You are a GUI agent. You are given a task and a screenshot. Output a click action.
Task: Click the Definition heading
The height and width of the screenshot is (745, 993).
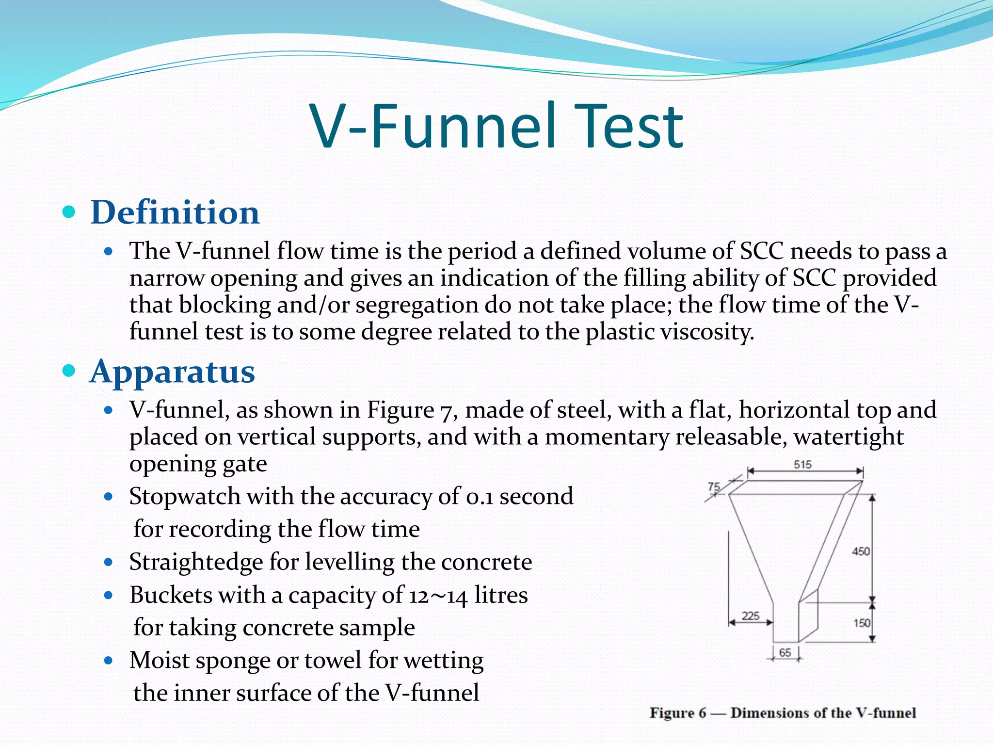pyautogui.click(x=175, y=212)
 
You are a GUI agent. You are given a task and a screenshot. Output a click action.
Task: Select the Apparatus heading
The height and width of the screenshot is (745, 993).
pyautogui.click(x=172, y=372)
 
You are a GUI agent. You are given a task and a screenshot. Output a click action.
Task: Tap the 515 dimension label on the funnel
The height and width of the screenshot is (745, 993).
pyautogui.click(x=802, y=465)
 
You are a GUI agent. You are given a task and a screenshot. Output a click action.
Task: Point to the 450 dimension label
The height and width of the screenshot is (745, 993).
pyautogui.click(x=861, y=551)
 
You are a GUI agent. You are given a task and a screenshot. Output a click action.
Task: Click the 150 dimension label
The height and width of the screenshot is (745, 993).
pyautogui.click(x=862, y=623)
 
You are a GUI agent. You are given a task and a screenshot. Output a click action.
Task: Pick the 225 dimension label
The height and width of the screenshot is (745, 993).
pyautogui.click(x=751, y=616)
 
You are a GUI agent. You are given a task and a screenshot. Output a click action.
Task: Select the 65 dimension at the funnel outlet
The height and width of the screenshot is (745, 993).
pyautogui.click(x=785, y=652)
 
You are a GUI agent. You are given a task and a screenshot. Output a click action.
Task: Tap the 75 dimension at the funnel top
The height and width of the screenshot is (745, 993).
pyautogui.click(x=714, y=487)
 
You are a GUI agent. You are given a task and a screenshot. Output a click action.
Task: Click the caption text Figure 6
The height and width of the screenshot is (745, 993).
pyautogui.click(x=678, y=713)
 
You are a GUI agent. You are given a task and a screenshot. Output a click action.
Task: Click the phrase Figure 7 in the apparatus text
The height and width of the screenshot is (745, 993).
pyautogui.click(x=409, y=410)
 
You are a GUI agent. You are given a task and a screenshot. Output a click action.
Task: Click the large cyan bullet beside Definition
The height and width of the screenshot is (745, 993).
pyautogui.click(x=70, y=212)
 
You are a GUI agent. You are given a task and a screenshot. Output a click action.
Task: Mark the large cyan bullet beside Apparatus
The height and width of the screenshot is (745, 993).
pyautogui.click(x=70, y=371)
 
